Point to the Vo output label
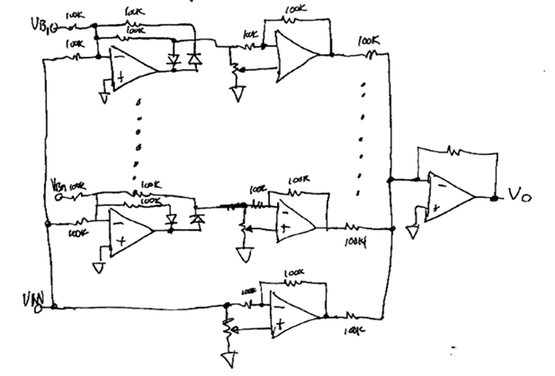click(x=517, y=193)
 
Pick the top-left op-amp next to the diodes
click(x=130, y=66)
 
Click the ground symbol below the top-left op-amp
click(x=103, y=98)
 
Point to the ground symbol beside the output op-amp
click(x=412, y=231)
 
